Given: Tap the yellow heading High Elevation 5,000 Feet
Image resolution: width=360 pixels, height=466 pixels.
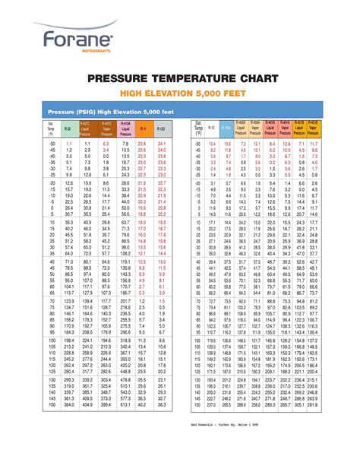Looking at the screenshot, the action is point(179,94).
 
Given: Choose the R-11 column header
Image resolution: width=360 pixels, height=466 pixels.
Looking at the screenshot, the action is point(142,130).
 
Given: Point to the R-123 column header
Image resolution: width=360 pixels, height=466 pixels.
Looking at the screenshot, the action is point(161,130).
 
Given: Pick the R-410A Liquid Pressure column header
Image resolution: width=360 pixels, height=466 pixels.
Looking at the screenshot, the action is point(124,130).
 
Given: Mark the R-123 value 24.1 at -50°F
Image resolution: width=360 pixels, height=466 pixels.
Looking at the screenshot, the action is point(161,144).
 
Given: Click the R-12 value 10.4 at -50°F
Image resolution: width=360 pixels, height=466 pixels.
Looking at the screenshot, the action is point(211,144).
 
